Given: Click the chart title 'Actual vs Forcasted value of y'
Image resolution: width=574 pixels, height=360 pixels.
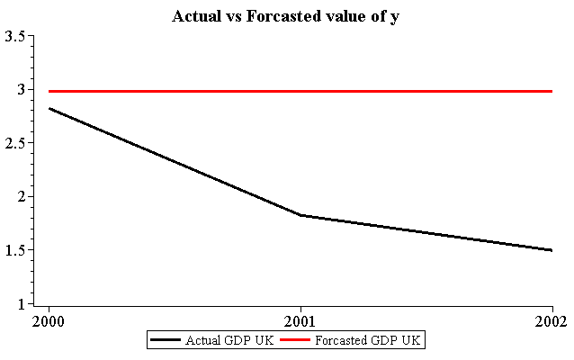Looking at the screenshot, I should [x=286, y=17].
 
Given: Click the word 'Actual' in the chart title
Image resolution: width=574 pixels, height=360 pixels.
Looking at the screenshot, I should [x=194, y=17].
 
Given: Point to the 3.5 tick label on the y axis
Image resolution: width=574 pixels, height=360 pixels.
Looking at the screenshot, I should [x=14, y=36].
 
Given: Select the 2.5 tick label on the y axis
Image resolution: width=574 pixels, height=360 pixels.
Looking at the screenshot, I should [x=14, y=143].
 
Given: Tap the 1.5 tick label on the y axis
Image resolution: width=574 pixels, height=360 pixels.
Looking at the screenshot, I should [x=14, y=250].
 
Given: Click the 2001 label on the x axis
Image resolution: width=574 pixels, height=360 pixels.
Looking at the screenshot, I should [x=299, y=320].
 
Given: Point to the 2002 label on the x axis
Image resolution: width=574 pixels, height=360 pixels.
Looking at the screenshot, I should [x=550, y=320].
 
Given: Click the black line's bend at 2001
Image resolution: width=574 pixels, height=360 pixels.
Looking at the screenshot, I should [x=299, y=215].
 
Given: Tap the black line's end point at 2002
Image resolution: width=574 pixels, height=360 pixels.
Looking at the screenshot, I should [x=552, y=250].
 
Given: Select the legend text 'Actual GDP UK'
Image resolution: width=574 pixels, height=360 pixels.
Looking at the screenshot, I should [x=222, y=340].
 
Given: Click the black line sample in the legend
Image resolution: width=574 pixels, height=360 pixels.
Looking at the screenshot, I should [x=166, y=340].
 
